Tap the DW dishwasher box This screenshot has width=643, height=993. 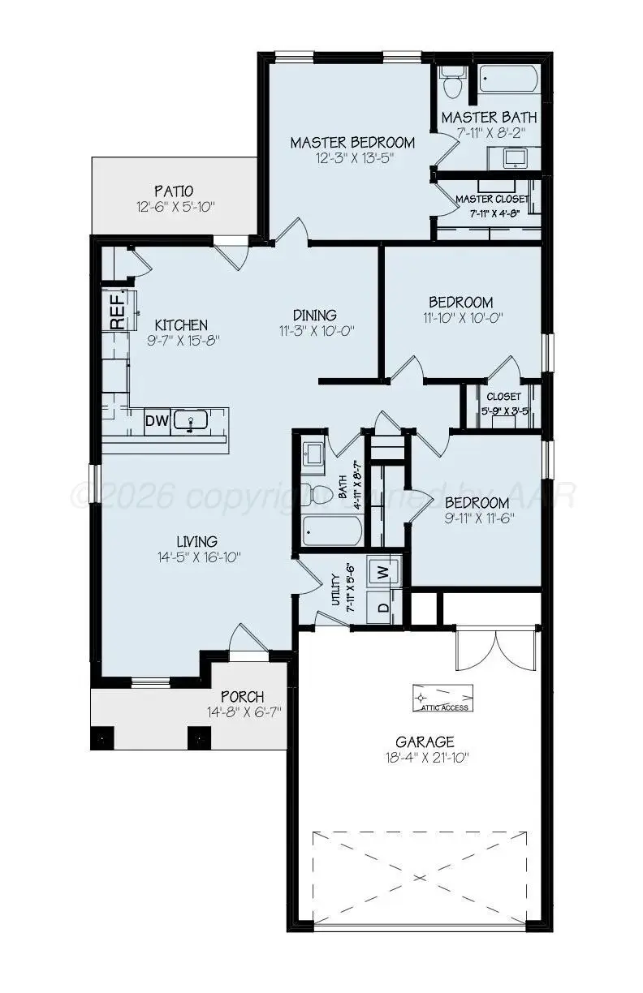pyautogui.click(x=156, y=421)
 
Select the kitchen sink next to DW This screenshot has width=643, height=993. pyautogui.click(x=192, y=422)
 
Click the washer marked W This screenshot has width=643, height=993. pyautogui.click(x=385, y=572)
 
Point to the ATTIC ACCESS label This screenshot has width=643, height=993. pyautogui.click(x=444, y=707)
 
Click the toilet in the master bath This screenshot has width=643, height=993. pyautogui.click(x=451, y=81)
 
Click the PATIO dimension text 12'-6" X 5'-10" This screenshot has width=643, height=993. pyautogui.click(x=175, y=207)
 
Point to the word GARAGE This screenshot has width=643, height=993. pyautogui.click(x=425, y=742)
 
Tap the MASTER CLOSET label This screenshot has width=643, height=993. pyautogui.click(x=491, y=199)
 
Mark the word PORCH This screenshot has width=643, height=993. pyautogui.click(x=242, y=697)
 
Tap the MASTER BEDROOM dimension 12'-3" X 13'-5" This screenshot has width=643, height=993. pyautogui.click(x=352, y=159)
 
